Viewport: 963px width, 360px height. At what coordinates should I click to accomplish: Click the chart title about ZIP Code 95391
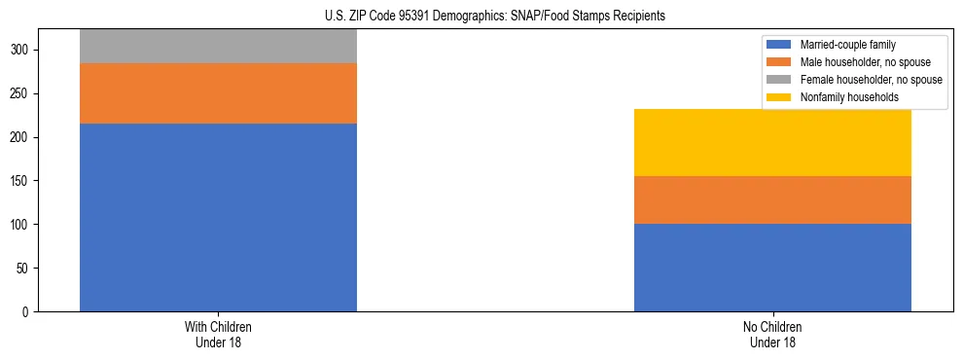[x=481, y=17]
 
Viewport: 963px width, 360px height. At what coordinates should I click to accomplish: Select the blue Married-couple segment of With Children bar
[x=218, y=217]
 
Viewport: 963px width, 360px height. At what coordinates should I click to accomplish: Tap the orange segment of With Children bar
[x=218, y=93]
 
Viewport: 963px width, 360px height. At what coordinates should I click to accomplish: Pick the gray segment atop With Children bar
[x=218, y=46]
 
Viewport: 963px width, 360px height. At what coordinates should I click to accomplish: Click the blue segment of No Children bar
[x=772, y=268]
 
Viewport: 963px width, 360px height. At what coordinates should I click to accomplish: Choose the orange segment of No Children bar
[x=772, y=200]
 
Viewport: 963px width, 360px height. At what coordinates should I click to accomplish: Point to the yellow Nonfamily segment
[x=772, y=142]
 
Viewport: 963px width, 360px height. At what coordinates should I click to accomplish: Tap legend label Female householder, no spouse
[x=872, y=80]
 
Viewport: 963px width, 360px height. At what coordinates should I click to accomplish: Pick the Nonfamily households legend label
[x=842, y=97]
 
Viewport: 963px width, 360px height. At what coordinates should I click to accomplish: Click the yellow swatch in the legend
[x=780, y=97]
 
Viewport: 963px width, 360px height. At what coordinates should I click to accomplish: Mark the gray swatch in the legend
[x=780, y=80]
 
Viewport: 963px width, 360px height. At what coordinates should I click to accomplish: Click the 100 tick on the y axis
[x=29, y=225]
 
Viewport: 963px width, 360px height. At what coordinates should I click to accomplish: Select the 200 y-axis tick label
[x=29, y=137]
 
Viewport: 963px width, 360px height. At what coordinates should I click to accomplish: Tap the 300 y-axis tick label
[x=29, y=51]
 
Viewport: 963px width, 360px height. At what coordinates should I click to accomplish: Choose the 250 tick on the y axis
[x=29, y=94]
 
